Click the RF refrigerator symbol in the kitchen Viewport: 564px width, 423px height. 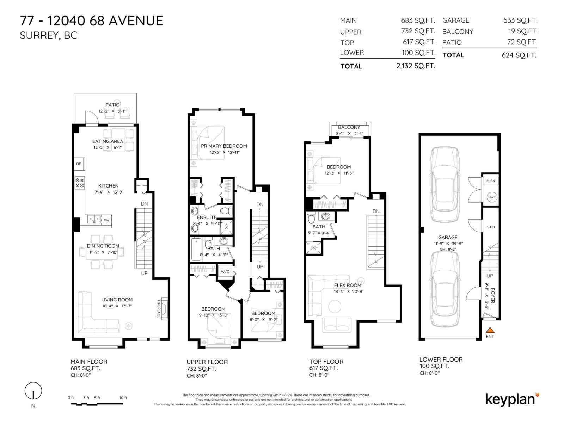[79, 164]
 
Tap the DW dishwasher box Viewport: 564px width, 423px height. [106, 220]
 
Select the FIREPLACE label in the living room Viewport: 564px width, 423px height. [159, 309]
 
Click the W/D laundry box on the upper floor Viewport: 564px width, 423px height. [225, 271]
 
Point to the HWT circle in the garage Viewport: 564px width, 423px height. [492, 197]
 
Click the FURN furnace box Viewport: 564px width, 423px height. [491, 181]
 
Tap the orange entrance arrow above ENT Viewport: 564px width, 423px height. [490, 330]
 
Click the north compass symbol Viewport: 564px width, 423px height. [33, 391]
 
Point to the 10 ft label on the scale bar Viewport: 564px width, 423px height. [123, 398]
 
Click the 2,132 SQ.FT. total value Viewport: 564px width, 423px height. [416, 66]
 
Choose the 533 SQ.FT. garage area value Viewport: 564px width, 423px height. [520, 20]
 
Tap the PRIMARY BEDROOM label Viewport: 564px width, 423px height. [224, 146]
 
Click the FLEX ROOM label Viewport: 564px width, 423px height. [348, 285]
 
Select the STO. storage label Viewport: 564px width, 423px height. [491, 227]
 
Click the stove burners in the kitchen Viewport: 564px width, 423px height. [80, 183]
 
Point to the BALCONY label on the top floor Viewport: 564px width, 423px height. [349, 127]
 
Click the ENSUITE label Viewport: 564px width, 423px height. [207, 217]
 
